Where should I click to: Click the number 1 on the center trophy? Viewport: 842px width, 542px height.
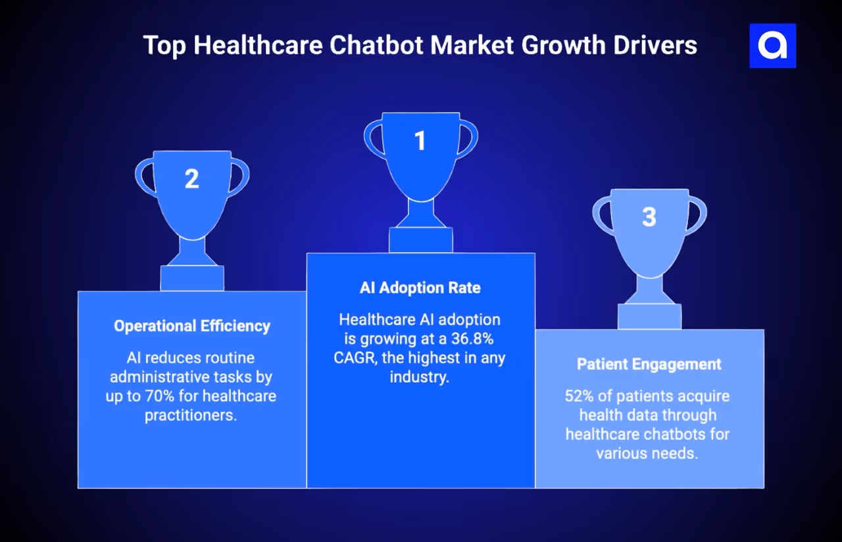coord(420,141)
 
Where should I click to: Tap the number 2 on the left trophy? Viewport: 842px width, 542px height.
coord(191,179)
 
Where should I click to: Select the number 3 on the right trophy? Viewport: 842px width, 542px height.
coord(649,217)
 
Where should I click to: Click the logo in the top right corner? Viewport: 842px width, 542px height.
coord(772,46)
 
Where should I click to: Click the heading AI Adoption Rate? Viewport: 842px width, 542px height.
coord(420,288)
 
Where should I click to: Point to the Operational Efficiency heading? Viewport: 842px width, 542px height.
coord(192,326)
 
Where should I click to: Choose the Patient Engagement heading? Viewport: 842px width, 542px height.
coord(649,364)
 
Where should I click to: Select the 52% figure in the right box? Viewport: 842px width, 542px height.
coord(578,396)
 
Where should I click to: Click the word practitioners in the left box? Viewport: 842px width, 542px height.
coord(191,416)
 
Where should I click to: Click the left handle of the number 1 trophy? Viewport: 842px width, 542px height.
coord(372,138)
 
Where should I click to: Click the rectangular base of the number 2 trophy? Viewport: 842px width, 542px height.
coord(192,278)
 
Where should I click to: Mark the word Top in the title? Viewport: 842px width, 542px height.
coord(164,45)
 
